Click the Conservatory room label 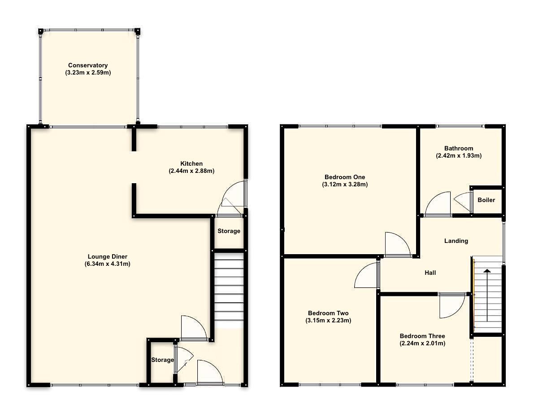(x=88, y=66)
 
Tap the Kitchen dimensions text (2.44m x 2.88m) (x=191, y=171)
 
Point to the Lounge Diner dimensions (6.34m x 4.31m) (x=108, y=264)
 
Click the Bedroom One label (x=345, y=176)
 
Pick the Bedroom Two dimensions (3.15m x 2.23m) (x=328, y=321)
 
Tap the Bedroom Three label (x=422, y=336)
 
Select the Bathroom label (x=459, y=148)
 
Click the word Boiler (x=486, y=200)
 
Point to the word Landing (x=456, y=241)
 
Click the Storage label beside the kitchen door (x=229, y=231)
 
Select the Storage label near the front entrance (x=162, y=360)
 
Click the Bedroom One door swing (x=396, y=245)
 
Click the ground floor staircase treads (x=229, y=287)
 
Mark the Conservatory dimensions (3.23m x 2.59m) (x=88, y=73)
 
